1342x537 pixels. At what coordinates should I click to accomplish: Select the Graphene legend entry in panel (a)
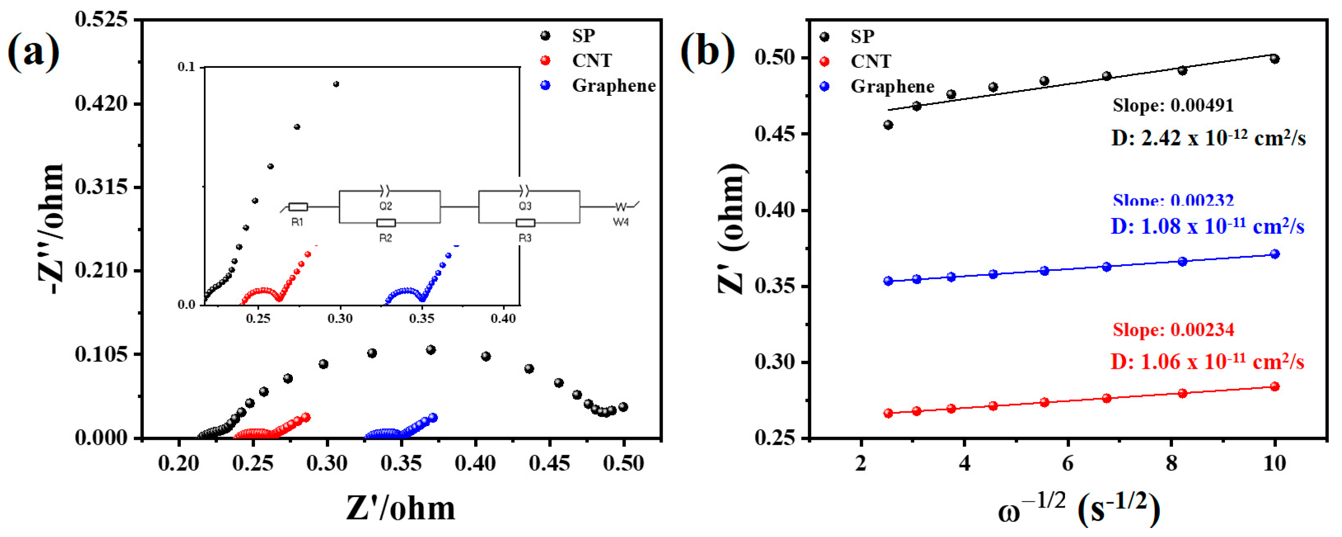click(x=613, y=85)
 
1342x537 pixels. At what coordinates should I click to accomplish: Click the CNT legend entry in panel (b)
click(x=870, y=61)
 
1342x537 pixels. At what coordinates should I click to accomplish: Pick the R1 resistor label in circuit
click(x=297, y=222)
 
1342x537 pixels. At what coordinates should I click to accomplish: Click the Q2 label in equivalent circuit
click(x=386, y=206)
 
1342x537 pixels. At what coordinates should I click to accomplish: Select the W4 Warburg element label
click(x=621, y=222)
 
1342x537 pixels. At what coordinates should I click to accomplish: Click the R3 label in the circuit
click(x=525, y=238)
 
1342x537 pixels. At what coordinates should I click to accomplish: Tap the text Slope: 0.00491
click(x=1173, y=106)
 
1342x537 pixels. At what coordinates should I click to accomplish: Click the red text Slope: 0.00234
click(x=1173, y=330)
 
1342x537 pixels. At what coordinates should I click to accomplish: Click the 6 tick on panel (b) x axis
click(x=1068, y=463)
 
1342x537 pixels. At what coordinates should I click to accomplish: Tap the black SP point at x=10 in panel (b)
click(x=1275, y=59)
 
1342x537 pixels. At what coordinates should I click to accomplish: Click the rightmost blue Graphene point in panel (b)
click(x=1275, y=254)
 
